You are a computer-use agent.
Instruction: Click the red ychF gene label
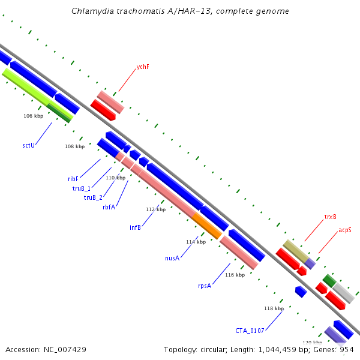[143, 67]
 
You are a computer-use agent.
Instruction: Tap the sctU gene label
[28, 145]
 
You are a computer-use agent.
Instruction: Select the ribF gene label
[73, 179]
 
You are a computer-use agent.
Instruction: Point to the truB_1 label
[82, 188]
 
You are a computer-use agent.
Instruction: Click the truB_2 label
[93, 197]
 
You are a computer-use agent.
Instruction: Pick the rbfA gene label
[109, 207]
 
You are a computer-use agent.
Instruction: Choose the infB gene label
[135, 227]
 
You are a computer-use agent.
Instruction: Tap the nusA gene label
[172, 258]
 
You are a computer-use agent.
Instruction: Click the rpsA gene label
[205, 286]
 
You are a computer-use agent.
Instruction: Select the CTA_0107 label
[250, 331]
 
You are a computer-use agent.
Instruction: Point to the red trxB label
[330, 217]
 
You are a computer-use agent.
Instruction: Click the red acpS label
[345, 230]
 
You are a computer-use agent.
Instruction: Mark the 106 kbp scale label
[33, 116]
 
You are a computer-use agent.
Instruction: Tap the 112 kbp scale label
[155, 209]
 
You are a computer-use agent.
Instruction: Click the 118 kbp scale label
[274, 308]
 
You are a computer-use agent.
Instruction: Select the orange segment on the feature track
[207, 226]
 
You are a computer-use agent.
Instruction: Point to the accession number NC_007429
[65, 350]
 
